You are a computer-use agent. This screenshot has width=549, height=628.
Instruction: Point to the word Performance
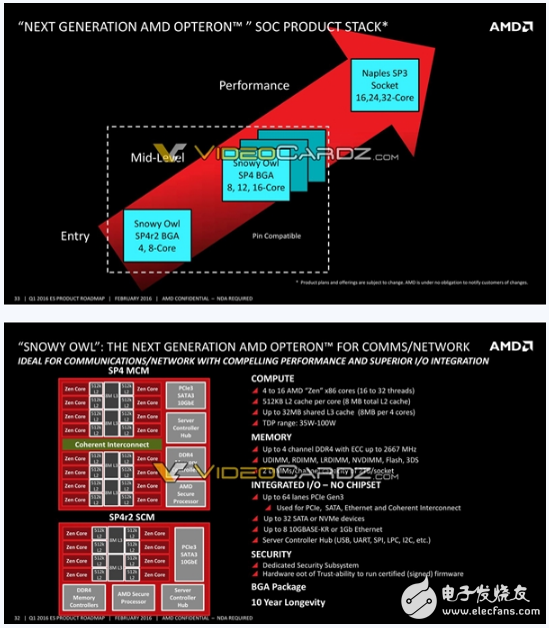254,86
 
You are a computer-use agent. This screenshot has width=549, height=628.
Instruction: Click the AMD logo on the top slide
510,27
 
